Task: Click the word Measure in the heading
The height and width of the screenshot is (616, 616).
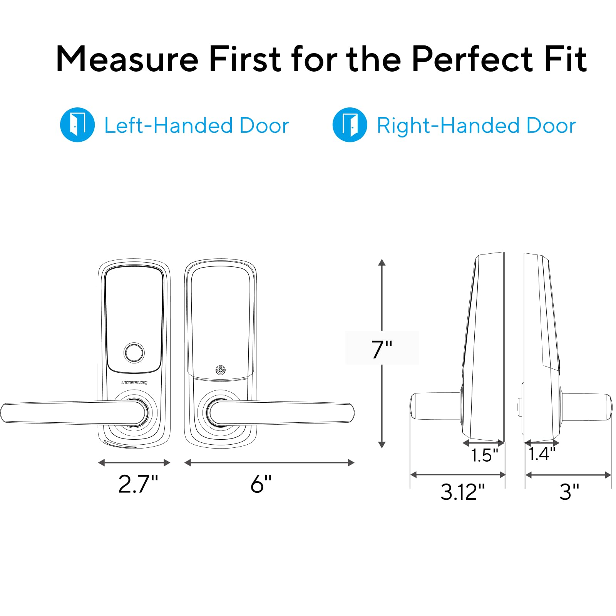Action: pos(127,59)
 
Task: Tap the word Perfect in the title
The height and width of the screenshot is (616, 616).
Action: pos(472,59)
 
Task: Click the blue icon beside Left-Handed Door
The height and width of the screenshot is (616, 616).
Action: pos(77,125)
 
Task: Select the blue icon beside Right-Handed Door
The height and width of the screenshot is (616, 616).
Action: pos(350,125)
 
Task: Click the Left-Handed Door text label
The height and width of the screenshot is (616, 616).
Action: pos(197,126)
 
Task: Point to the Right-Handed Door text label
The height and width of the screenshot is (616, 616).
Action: pos(476,126)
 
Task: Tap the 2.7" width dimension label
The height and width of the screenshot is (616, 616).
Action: pos(138,484)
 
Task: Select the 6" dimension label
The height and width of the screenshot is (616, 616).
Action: pos(261,484)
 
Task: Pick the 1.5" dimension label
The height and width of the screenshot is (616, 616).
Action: pos(484,455)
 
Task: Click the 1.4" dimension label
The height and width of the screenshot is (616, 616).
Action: pos(542,454)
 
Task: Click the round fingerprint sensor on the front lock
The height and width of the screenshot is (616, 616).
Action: pos(134,352)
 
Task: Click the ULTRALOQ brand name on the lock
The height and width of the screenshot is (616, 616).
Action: pos(134,383)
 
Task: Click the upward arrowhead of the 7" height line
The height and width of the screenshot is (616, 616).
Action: pos(382,263)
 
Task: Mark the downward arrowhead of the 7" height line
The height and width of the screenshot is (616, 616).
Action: pos(382,445)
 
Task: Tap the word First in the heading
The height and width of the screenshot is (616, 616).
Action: pos(245,59)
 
